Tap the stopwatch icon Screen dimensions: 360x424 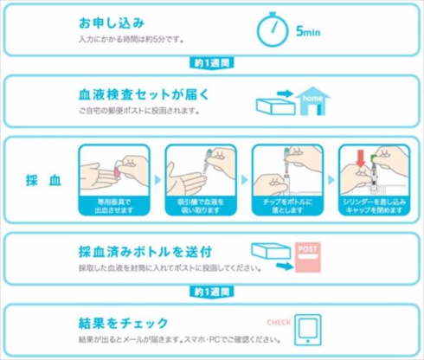273,32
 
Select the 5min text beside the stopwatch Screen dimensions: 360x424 309,32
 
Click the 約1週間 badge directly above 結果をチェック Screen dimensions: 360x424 211,290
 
